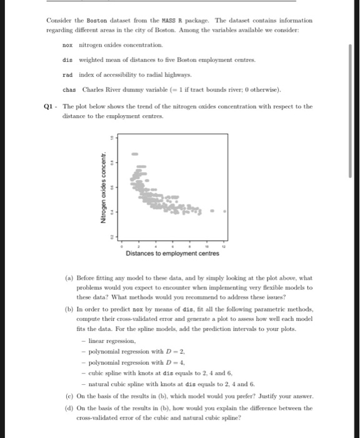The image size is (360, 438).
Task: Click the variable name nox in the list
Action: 67,46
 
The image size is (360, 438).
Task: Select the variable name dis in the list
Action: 67,60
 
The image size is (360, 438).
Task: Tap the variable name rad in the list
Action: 67,74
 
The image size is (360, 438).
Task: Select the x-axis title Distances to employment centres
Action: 172,253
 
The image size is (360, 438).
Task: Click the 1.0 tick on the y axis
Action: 112,138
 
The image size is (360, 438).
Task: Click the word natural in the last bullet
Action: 99,383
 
